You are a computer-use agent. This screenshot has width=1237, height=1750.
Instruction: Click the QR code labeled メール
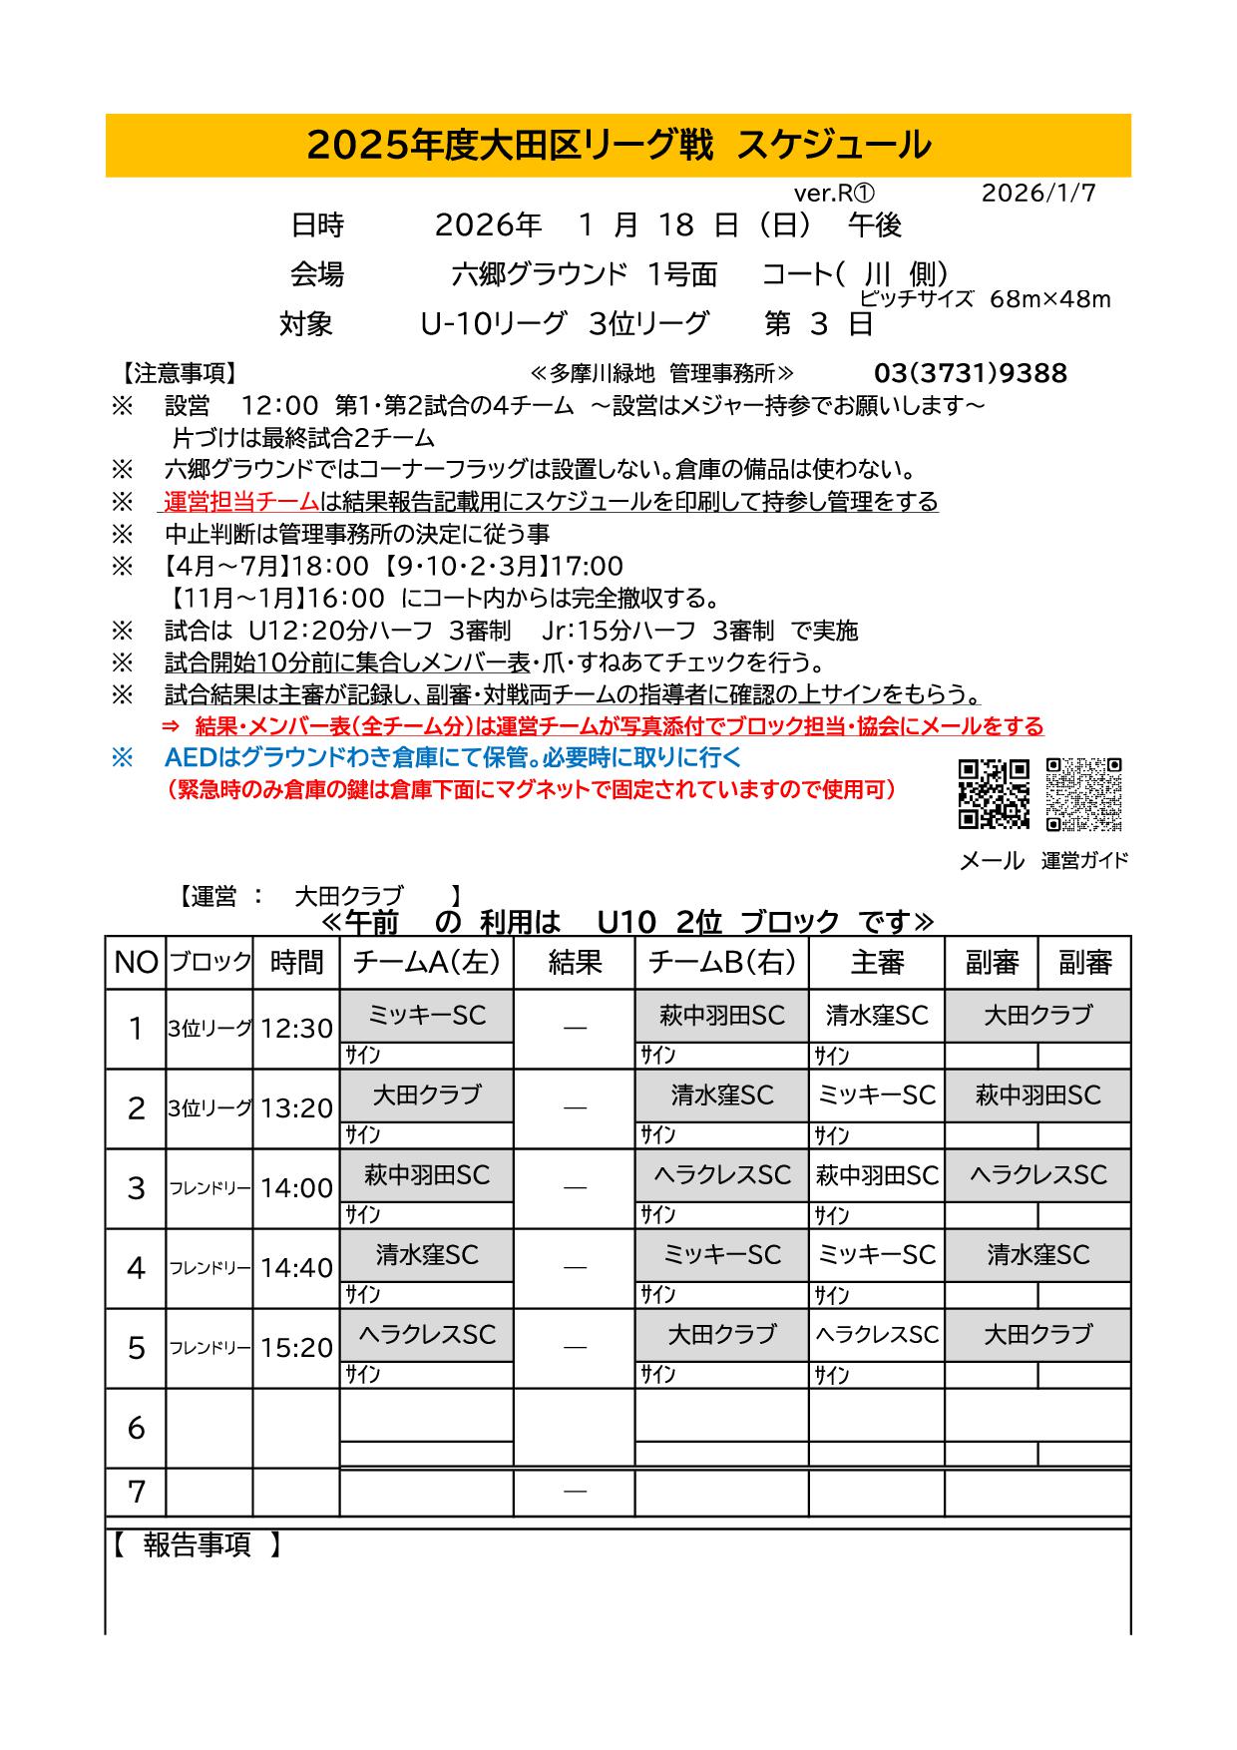click(x=994, y=794)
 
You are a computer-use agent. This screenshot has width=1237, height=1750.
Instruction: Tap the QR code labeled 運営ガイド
click(x=1084, y=794)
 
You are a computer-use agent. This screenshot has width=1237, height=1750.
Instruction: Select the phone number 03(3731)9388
click(x=970, y=373)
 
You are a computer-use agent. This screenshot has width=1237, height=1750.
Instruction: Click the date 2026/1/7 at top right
click(x=1037, y=194)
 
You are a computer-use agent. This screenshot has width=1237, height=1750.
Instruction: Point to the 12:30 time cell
click(x=296, y=1029)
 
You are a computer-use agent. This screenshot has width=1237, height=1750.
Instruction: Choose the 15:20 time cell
click(x=296, y=1348)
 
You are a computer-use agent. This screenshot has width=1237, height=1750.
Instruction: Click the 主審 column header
click(x=876, y=963)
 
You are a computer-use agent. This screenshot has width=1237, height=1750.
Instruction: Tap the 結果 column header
click(x=575, y=963)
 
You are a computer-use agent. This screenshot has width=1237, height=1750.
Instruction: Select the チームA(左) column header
click(x=426, y=963)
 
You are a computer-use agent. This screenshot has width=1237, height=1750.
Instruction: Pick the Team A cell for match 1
click(x=426, y=1016)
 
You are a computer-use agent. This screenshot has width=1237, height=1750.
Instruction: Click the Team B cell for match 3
click(x=721, y=1175)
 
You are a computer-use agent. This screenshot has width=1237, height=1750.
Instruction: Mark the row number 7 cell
click(x=136, y=1492)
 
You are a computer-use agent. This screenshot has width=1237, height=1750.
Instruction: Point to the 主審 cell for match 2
click(x=876, y=1095)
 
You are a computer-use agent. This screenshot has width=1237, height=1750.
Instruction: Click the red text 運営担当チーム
click(x=241, y=501)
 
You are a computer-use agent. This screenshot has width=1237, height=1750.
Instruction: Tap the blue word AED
click(x=190, y=757)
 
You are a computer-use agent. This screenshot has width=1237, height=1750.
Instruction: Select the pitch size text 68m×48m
click(x=1049, y=299)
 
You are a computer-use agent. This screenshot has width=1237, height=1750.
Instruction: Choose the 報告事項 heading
click(x=197, y=1545)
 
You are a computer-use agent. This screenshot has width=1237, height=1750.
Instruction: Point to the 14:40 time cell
click(x=296, y=1268)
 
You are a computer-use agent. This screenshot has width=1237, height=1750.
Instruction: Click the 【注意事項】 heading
click(x=181, y=373)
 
